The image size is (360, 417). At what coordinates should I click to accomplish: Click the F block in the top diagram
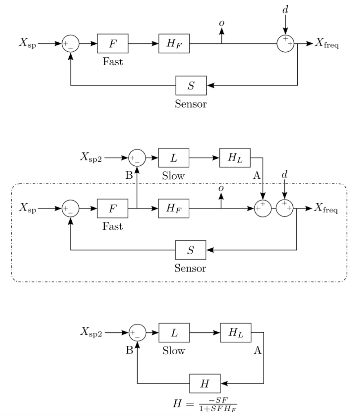tap(113, 44)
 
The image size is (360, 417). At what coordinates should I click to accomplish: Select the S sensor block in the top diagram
tap(191, 86)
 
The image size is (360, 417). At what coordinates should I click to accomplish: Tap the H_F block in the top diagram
tap(174, 44)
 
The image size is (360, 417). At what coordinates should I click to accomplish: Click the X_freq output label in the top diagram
tap(327, 44)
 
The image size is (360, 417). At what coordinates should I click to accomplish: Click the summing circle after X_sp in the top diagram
tap(71, 44)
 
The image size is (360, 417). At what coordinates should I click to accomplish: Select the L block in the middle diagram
tap(173, 157)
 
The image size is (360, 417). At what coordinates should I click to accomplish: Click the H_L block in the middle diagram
tap(235, 157)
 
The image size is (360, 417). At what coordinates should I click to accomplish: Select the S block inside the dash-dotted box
tap(191, 250)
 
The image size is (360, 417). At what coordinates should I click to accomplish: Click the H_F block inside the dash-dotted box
tap(174, 209)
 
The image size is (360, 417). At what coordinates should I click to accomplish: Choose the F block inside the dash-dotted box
tap(113, 209)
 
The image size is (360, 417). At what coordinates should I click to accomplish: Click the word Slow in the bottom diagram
tap(174, 351)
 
